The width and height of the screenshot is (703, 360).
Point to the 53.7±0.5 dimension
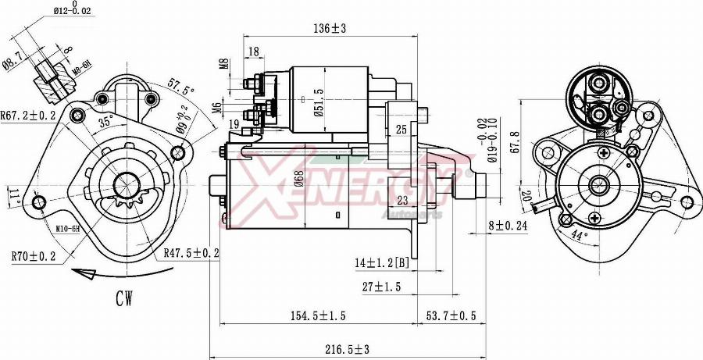[451, 315]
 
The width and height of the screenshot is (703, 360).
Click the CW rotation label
[123, 298]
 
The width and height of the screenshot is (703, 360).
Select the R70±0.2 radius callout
[33, 255]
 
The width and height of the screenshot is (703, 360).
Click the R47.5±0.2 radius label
[192, 252]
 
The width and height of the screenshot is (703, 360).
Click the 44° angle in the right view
[579, 234]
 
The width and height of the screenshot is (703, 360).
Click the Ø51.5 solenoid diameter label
[318, 100]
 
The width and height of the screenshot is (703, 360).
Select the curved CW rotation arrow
[94, 273]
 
